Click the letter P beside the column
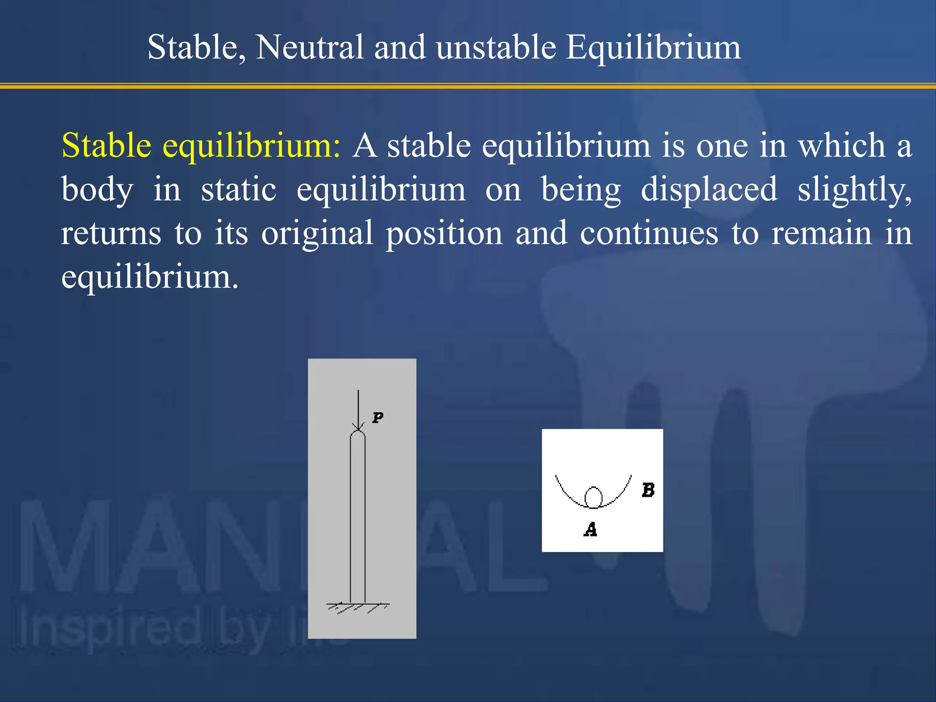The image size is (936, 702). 378,418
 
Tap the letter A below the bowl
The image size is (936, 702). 590,530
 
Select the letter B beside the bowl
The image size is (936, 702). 648,490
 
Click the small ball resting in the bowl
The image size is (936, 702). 593,497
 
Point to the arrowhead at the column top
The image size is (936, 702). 358,427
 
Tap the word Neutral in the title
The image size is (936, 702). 309,47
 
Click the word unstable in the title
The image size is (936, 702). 496,47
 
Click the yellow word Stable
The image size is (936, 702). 106,145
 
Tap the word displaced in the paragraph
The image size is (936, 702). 709,189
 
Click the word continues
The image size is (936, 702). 649,233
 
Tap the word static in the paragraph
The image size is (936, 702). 239,189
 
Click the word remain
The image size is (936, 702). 822,233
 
